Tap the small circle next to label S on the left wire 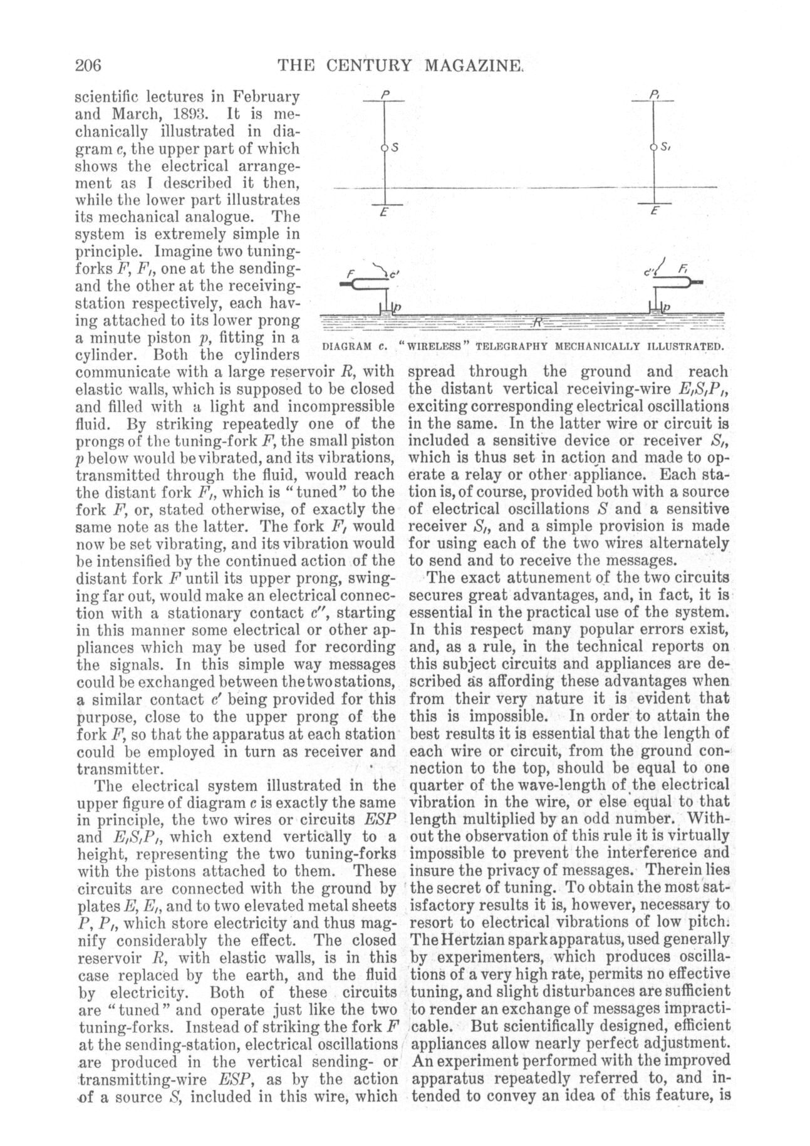point(385,148)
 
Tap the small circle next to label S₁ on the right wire point(653,148)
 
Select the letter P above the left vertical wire point(386,95)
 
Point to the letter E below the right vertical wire point(654,212)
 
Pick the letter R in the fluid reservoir point(537,323)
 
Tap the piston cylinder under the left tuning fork point(387,307)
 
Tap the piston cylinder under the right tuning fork point(655,307)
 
